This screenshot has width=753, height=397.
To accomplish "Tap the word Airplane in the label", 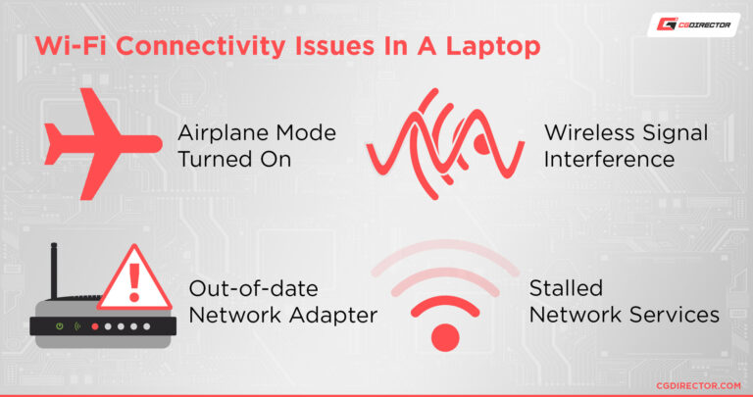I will click(220, 132).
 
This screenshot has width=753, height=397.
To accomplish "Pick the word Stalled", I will click(566, 288).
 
